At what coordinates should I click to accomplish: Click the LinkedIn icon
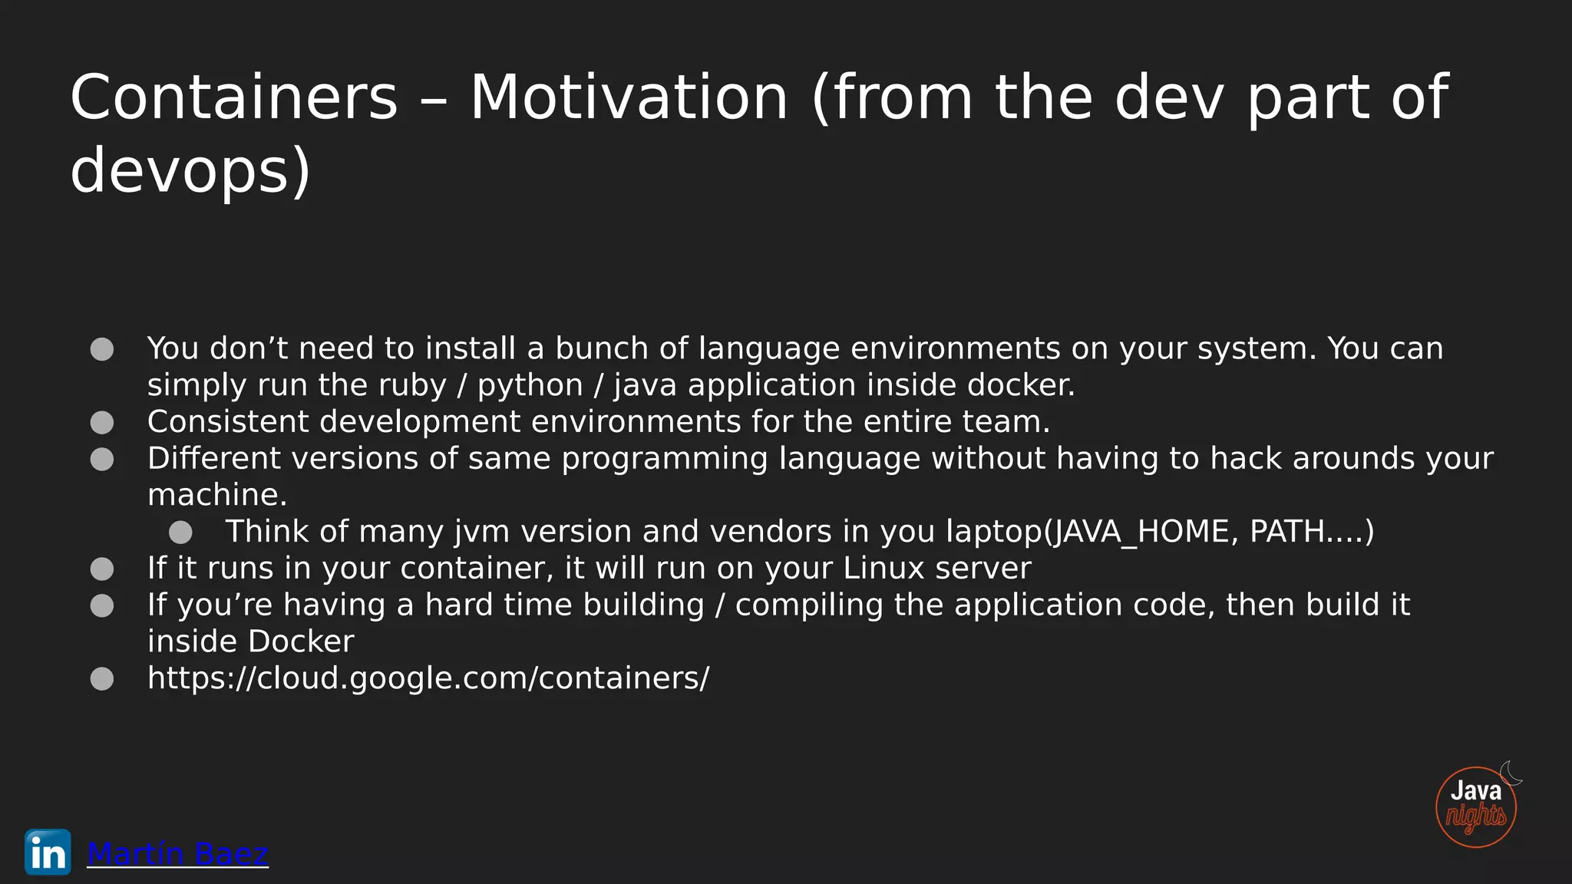[x=48, y=852]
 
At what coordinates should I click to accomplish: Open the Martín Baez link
[x=177, y=853]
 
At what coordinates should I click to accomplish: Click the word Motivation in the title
[x=629, y=97]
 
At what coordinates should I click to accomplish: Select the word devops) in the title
[x=190, y=170]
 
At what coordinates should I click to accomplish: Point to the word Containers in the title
[x=234, y=97]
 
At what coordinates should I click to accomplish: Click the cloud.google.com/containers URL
[x=428, y=678]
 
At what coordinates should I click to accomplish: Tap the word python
[x=530, y=385]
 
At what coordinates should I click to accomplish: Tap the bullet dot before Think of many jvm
[x=180, y=532]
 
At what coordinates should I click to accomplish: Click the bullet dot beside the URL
[x=102, y=678]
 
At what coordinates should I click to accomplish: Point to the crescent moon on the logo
[x=1511, y=773]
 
